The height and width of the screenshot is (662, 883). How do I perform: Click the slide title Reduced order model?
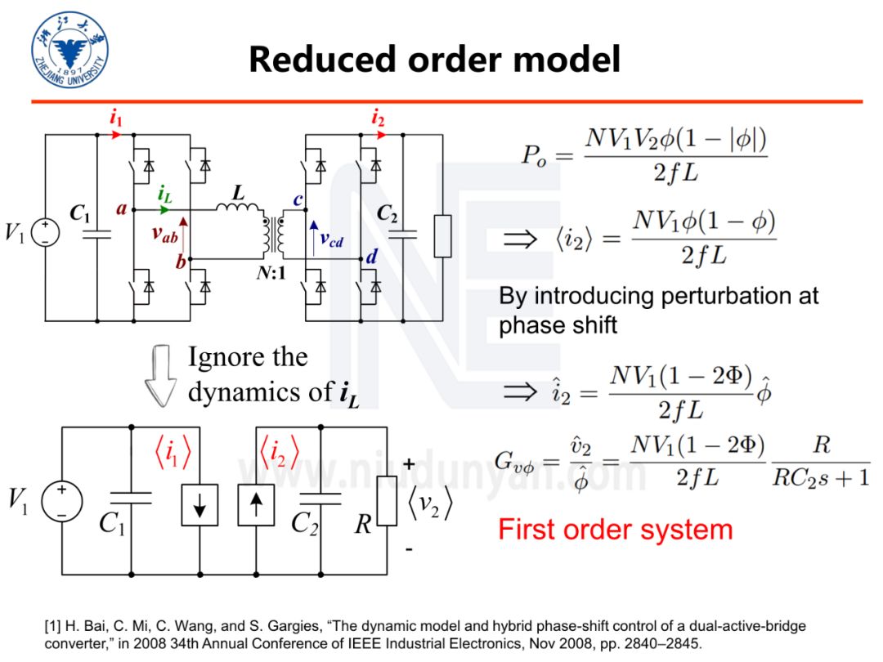tap(434, 59)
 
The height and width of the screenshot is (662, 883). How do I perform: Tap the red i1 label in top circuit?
tap(116, 119)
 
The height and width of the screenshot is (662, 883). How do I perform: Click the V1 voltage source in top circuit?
tap(44, 234)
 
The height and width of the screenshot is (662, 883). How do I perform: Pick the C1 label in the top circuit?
tap(80, 215)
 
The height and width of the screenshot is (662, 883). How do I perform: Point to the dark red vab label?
tap(165, 233)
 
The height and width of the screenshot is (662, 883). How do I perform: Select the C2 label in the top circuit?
tap(387, 214)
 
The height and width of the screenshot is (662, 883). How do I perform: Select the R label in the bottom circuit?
tap(363, 524)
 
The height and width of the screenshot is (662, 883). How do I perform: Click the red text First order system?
tap(615, 529)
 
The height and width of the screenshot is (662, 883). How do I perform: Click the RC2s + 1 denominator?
tap(821, 478)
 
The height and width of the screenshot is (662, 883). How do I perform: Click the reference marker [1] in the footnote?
tap(52, 626)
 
